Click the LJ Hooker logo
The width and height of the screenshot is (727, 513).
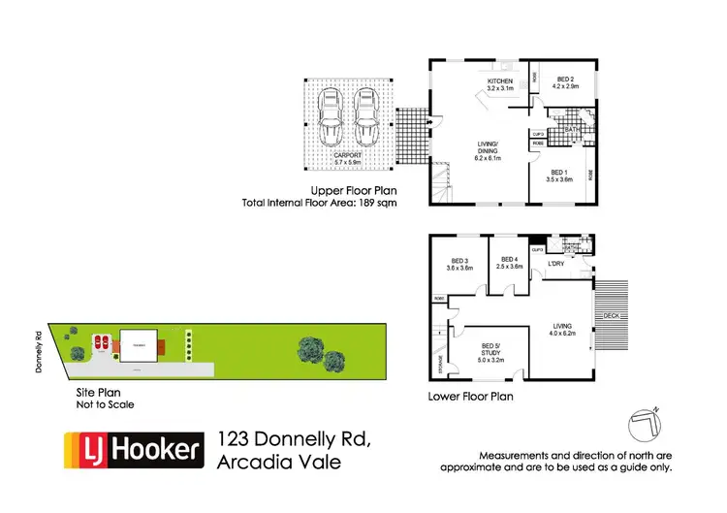click(135, 450)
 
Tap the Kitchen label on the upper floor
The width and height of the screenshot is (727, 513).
click(499, 84)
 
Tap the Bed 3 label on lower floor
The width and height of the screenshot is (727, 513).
click(460, 264)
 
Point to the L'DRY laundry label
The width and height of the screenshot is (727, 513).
click(556, 264)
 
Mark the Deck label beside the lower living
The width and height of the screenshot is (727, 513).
click(611, 316)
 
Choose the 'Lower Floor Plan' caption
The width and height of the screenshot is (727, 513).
click(470, 397)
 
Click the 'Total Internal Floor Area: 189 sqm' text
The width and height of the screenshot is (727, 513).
click(319, 204)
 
